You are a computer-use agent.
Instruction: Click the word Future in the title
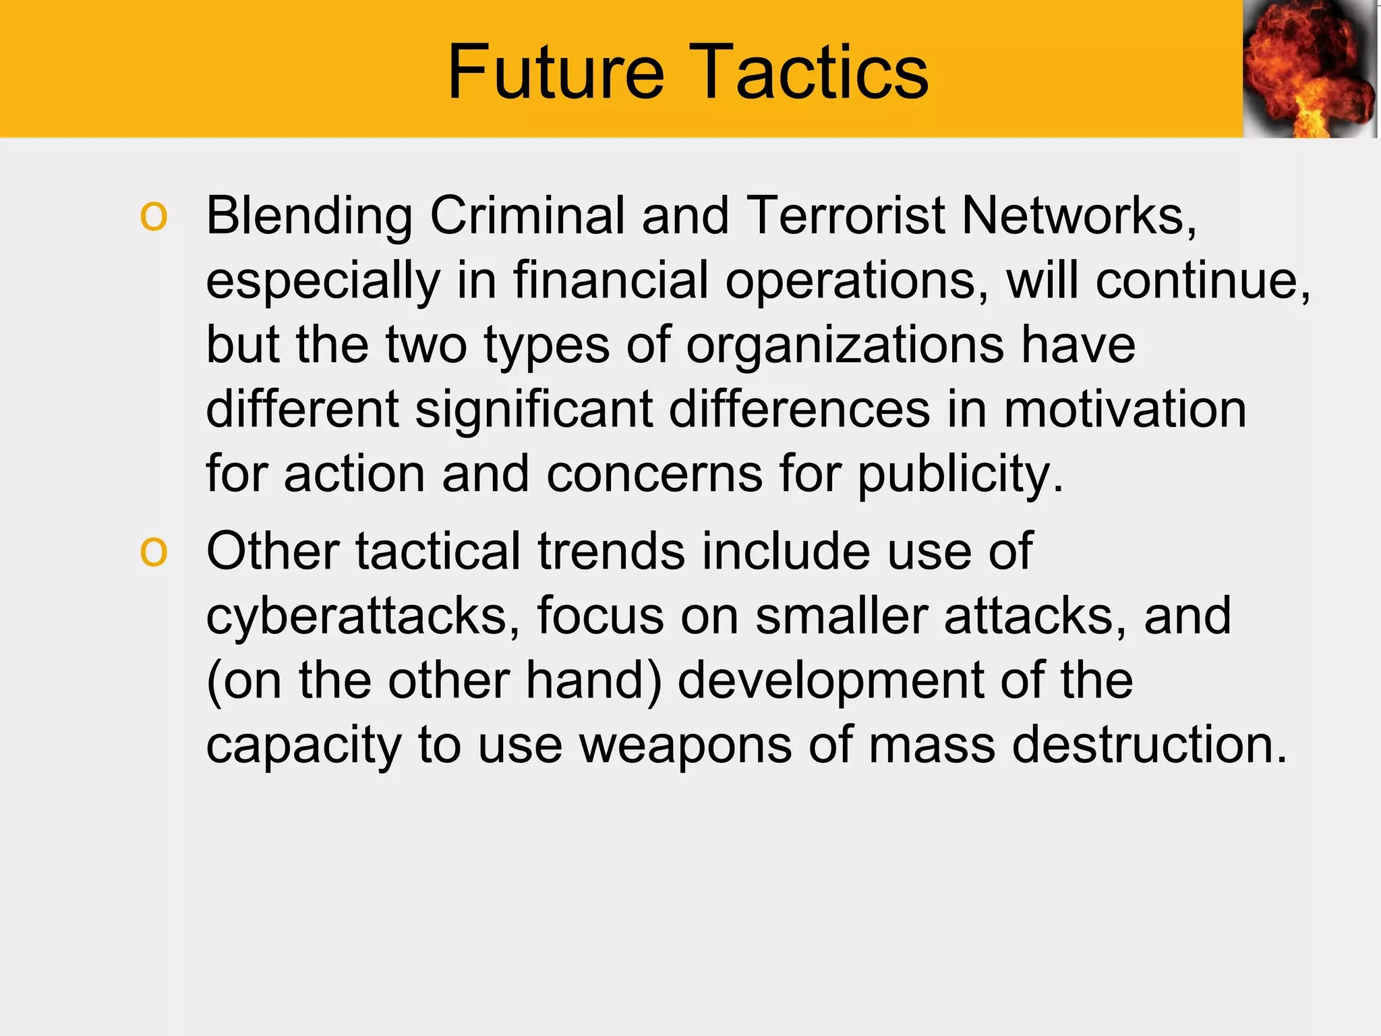coord(556,71)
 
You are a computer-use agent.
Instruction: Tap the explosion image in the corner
coord(1309,69)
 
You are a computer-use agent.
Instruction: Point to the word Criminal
coord(527,216)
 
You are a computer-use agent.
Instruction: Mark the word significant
coord(533,410)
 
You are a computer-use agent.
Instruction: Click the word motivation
coord(1125,409)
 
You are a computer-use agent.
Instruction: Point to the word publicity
coord(958,475)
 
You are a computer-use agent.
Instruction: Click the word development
coord(830,681)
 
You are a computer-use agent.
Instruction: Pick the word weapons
coord(686,746)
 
